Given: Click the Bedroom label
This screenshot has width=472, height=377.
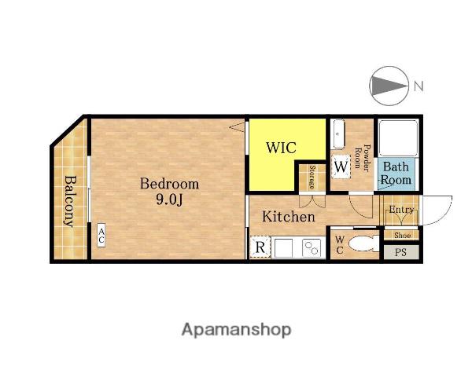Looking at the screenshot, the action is [169, 184].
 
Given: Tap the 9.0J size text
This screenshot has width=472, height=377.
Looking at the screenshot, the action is [169, 199].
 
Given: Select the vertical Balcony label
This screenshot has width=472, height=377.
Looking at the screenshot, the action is [71, 201].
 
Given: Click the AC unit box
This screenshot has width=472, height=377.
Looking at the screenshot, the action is [101, 236].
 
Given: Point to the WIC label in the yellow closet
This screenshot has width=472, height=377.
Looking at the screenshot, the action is [281, 148].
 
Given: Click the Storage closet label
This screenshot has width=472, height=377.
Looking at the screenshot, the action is [312, 177].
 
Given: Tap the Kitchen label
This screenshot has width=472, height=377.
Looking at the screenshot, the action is [289, 217].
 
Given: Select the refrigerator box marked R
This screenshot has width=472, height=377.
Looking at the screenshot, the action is [260, 247].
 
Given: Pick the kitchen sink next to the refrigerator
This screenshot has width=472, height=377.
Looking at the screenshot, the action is [283, 247].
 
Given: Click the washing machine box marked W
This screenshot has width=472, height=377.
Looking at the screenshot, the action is [341, 167].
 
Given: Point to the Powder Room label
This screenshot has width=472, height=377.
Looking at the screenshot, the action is [362, 158].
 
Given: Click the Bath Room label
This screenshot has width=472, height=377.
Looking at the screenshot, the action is [396, 174].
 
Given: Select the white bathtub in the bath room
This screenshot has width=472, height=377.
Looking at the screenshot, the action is [397, 137].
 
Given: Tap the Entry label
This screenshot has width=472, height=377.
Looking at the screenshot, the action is [401, 209].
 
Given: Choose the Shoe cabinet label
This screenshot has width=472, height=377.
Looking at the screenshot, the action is [402, 235].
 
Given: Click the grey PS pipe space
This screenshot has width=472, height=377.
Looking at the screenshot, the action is [400, 252].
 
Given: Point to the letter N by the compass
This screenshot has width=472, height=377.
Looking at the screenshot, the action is [419, 86].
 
